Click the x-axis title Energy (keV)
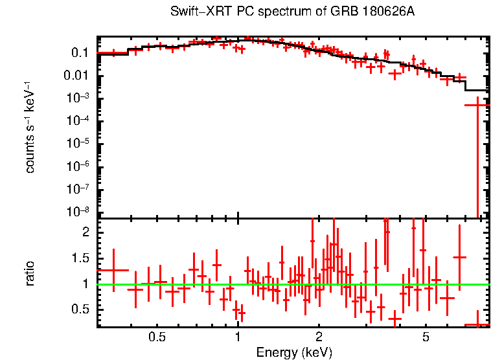click(294, 352)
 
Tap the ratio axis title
click(30, 273)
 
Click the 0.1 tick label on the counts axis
click(80, 53)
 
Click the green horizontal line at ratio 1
click(291, 284)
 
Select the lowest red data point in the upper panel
click(477, 105)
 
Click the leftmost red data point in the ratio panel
click(113, 270)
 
